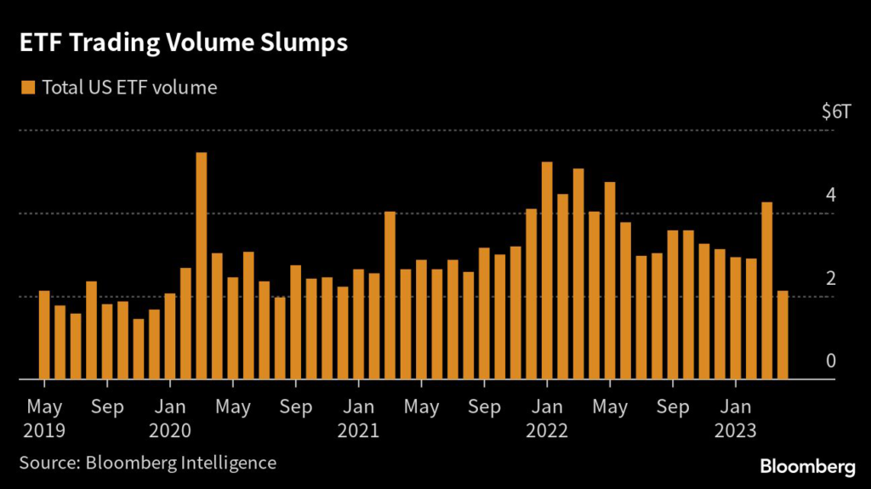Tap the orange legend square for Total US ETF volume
pyautogui.click(x=28, y=88)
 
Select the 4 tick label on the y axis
pyautogui.click(x=831, y=195)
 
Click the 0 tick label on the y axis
pyautogui.click(x=831, y=361)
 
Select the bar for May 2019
pyautogui.click(x=44, y=335)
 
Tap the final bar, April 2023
pyautogui.click(x=783, y=335)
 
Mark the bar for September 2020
pyautogui.click(x=295, y=322)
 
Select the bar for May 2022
pyautogui.click(x=610, y=281)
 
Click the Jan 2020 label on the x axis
pyautogui.click(x=171, y=418)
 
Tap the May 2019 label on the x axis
pyautogui.click(x=43, y=418)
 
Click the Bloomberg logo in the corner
pyautogui.click(x=807, y=466)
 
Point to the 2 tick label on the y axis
pyautogui.click(x=831, y=279)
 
